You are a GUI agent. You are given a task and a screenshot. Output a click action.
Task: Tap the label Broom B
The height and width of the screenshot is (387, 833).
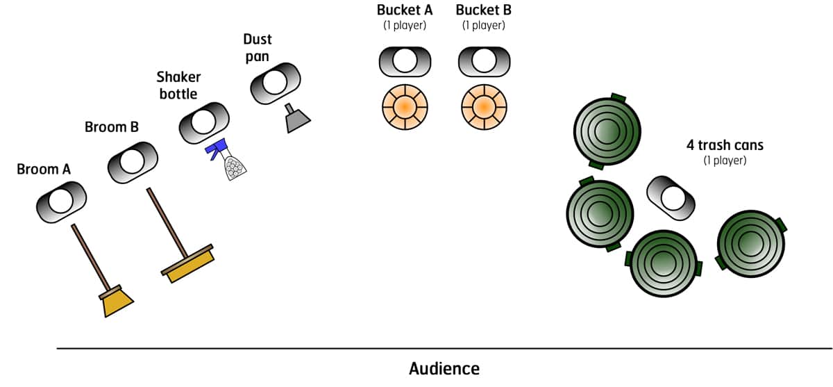[x=111, y=127]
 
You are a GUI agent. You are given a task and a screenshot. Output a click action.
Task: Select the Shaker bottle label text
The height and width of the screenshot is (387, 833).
[x=178, y=85]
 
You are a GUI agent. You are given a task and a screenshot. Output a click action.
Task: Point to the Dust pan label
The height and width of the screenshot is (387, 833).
[x=257, y=47]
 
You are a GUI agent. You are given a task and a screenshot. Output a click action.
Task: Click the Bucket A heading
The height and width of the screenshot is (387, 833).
[x=405, y=10]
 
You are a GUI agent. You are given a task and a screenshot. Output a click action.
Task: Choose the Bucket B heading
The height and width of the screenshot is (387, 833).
[x=484, y=10]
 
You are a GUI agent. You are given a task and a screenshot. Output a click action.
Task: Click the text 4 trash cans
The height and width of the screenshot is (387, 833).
[x=723, y=145]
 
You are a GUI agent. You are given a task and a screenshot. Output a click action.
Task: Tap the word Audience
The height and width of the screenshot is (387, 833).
[x=444, y=368]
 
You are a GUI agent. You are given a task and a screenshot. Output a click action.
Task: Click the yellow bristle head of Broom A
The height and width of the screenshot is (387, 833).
[x=116, y=302]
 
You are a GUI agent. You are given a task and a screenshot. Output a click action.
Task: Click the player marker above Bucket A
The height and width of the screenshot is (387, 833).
[x=403, y=62]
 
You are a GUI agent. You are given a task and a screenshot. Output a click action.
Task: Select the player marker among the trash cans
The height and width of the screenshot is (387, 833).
[x=671, y=197]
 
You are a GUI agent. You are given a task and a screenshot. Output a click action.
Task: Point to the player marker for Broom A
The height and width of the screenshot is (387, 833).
[x=61, y=201]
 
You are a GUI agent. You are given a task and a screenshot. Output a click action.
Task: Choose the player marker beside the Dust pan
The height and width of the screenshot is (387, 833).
[x=275, y=83]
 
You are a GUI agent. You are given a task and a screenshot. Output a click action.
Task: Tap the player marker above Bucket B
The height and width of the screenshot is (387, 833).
[x=483, y=62]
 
